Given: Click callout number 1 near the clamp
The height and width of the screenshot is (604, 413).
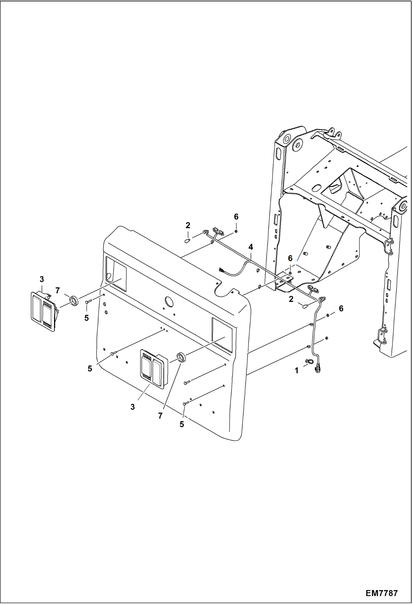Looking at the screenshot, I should tap(296, 371).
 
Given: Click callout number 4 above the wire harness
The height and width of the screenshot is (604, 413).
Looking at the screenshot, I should tap(250, 247).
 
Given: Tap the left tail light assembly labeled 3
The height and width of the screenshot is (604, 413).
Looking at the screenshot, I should tap(43, 311).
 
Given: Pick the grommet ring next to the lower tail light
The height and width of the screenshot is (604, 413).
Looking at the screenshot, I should tap(181, 357).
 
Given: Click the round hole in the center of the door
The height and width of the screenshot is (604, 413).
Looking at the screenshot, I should tap(169, 301).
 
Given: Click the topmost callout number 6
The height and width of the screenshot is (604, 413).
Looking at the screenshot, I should tap(236, 217).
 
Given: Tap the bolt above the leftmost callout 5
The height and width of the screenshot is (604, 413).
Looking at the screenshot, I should tap(87, 302).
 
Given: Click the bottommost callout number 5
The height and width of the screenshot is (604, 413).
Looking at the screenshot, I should tap(182, 424).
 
